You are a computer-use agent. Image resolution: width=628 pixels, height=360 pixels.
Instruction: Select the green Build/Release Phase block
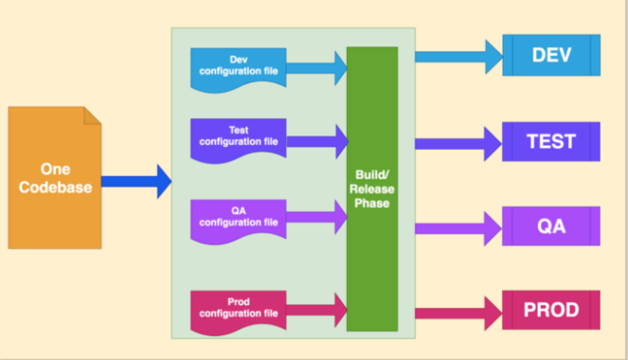[x=371, y=189]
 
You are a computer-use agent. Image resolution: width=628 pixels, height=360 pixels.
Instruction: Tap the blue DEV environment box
[x=551, y=55]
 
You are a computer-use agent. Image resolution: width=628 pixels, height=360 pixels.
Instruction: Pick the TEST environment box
[x=551, y=141]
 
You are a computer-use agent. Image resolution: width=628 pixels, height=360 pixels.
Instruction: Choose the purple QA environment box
[x=551, y=225]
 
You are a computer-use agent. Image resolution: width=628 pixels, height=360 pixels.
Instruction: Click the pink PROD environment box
[x=551, y=310]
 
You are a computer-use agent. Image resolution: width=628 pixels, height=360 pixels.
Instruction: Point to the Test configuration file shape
[x=238, y=136]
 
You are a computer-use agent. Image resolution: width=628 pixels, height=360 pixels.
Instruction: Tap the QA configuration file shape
[x=238, y=218]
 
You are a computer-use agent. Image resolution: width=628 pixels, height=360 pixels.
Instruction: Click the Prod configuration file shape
[x=238, y=307]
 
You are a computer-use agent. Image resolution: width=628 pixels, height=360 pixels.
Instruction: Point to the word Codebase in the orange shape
[x=55, y=188]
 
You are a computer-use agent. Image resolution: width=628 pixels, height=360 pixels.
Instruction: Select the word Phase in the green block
[x=371, y=203]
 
